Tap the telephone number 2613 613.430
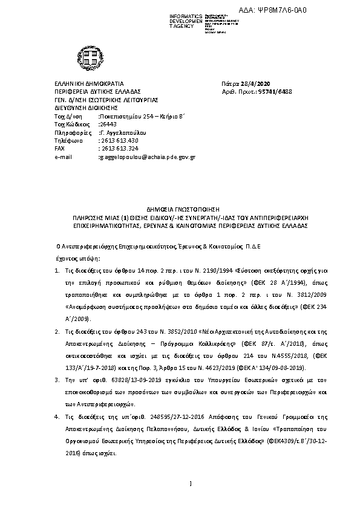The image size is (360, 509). click(119, 140)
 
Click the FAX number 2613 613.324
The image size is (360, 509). click(119, 148)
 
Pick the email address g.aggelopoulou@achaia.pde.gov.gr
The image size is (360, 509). click(147, 157)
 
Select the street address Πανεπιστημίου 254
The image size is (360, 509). click(127, 114)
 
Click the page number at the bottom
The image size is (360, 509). click(191, 483)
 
